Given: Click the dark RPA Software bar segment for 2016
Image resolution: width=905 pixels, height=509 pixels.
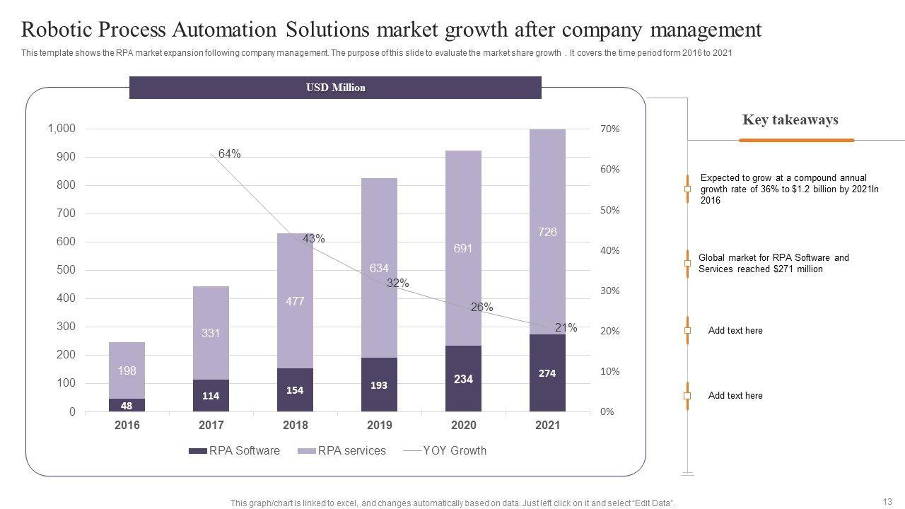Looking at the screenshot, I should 127,405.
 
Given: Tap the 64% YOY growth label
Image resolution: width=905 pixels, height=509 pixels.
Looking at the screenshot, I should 229,153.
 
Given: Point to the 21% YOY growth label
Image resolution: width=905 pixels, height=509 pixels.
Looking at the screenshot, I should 566,327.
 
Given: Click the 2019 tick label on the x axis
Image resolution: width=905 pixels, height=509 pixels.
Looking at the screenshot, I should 379,425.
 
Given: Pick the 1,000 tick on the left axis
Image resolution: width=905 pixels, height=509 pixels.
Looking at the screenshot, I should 61,129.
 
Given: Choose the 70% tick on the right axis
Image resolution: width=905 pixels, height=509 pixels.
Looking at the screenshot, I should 610,129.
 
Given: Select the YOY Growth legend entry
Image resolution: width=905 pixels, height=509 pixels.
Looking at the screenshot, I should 445,451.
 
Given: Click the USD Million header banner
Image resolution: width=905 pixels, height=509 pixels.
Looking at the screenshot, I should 335,88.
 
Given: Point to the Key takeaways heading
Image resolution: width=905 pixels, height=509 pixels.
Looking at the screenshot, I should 790,119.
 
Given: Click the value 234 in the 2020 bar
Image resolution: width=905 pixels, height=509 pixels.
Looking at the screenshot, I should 463,379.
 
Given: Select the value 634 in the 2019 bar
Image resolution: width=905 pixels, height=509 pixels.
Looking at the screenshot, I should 379,268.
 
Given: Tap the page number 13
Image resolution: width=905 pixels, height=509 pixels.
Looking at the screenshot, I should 887,501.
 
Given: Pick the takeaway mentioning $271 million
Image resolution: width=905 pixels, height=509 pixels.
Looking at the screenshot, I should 773,263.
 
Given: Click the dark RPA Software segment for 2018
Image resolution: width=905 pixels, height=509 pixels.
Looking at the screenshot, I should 295,390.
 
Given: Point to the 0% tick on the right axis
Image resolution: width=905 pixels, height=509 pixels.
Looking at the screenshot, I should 607,412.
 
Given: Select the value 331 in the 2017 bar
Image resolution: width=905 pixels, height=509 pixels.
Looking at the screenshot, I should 211,333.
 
